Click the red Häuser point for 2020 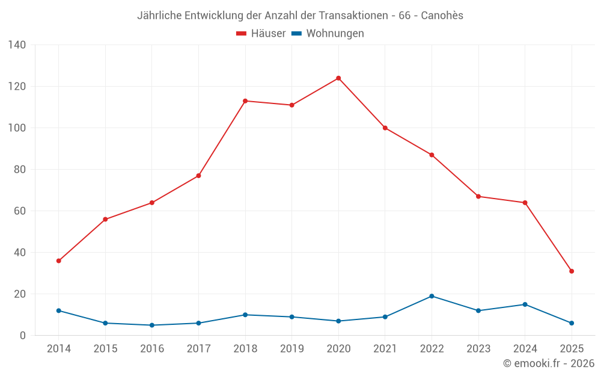click(x=338, y=78)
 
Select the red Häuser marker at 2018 click(x=245, y=101)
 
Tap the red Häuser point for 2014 click(x=58, y=261)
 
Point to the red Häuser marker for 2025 click(x=572, y=271)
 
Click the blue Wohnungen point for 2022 click(x=432, y=296)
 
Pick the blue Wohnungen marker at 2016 click(x=152, y=325)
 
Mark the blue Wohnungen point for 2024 click(x=525, y=304)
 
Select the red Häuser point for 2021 click(x=385, y=128)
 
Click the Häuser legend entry click(x=261, y=34)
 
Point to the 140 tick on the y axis click(x=17, y=45)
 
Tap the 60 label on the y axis click(x=20, y=211)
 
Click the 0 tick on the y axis click(x=23, y=336)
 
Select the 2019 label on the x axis click(x=292, y=349)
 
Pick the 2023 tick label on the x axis click(x=478, y=349)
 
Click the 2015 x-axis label click(x=105, y=349)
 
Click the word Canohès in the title click(x=442, y=16)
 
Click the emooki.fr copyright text click(x=549, y=363)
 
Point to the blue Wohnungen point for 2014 click(x=58, y=310)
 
